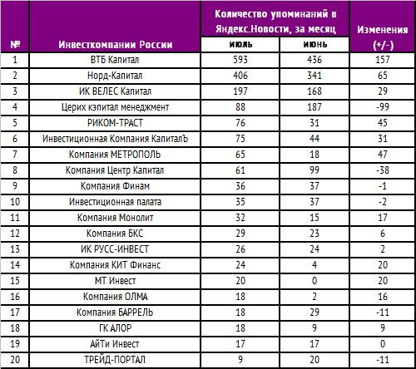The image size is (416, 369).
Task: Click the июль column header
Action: click(x=240, y=44)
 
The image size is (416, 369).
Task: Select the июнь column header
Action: click(x=315, y=44)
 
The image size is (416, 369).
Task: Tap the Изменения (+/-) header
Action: click(x=383, y=37)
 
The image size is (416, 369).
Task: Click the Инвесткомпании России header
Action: click(x=115, y=45)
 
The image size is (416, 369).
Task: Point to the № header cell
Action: click(x=15, y=45)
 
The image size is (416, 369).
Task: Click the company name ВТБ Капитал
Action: click(x=115, y=60)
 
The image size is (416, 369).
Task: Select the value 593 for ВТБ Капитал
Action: click(x=240, y=60)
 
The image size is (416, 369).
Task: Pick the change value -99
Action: click(x=383, y=107)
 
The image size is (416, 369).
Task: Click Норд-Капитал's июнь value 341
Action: click(x=314, y=76)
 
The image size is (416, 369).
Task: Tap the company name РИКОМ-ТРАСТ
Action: click(x=115, y=123)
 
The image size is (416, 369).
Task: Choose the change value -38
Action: click(x=383, y=170)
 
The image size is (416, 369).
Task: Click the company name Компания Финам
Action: click(x=115, y=186)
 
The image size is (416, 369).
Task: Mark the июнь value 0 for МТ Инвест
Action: click(x=314, y=281)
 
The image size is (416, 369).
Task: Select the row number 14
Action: click(x=15, y=265)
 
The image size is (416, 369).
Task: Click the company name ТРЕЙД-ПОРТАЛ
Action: click(x=115, y=360)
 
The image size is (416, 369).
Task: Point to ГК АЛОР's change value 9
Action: click(x=383, y=328)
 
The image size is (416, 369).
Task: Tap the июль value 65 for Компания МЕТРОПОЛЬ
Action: click(x=240, y=155)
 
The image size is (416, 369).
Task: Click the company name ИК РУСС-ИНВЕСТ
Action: click(x=115, y=249)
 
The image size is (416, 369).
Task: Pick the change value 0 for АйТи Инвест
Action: click(x=383, y=344)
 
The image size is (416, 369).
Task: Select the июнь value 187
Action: click(x=314, y=107)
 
